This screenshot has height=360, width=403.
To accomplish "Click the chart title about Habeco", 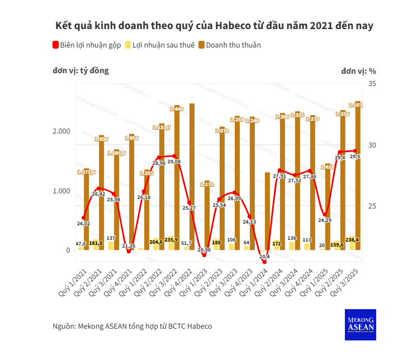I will tap(214, 26).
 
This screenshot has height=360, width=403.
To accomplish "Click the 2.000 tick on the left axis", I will tap(61, 131).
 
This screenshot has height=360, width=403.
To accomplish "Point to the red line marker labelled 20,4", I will tap(264, 262).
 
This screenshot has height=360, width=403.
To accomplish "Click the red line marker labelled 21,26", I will tap(129, 251).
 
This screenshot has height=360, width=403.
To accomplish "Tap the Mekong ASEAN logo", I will tap(361, 324).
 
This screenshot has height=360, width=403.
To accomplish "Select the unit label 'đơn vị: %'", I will tap(358, 71).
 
